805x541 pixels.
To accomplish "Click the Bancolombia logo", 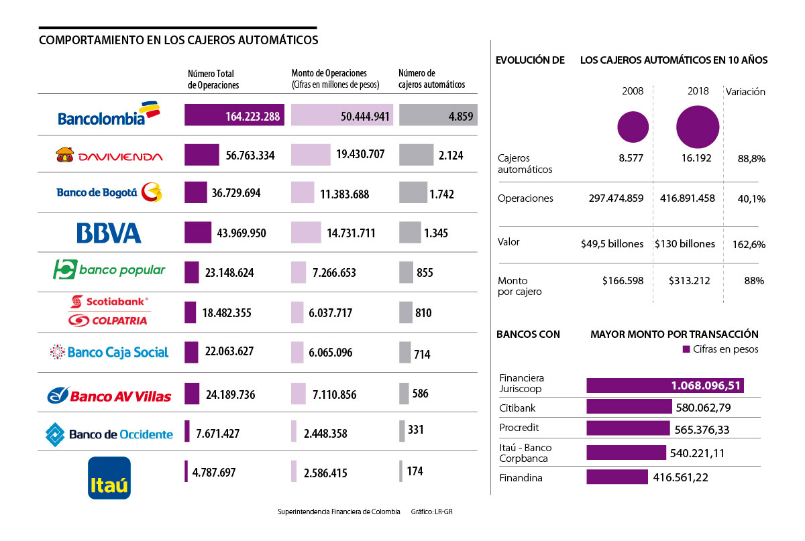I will pyautogui.click(x=109, y=115).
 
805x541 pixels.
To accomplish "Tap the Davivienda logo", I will pyautogui.click(x=109, y=156).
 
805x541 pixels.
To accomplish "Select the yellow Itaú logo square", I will pyautogui.click(x=109, y=478).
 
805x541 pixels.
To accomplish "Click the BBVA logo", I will pyautogui.click(x=109, y=233).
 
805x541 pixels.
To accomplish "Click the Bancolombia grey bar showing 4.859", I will pyautogui.click(x=437, y=115).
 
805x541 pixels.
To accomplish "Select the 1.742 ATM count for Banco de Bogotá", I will pyautogui.click(x=442, y=194).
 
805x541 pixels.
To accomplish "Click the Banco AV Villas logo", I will pyautogui.click(x=109, y=395).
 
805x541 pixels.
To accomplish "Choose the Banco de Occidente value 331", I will pyautogui.click(x=415, y=430).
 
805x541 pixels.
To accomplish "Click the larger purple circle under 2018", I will pyautogui.click(x=698, y=127).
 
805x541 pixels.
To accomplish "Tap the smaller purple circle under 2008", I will pyautogui.click(x=633, y=127).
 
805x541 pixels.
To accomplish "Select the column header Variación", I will pyautogui.click(x=746, y=92).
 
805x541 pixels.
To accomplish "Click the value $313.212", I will pyautogui.click(x=689, y=281).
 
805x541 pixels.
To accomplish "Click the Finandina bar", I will pyautogui.click(x=617, y=477).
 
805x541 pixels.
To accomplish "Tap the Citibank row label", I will pyautogui.click(x=517, y=408).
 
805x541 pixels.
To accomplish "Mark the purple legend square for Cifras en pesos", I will pyautogui.click(x=686, y=349).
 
